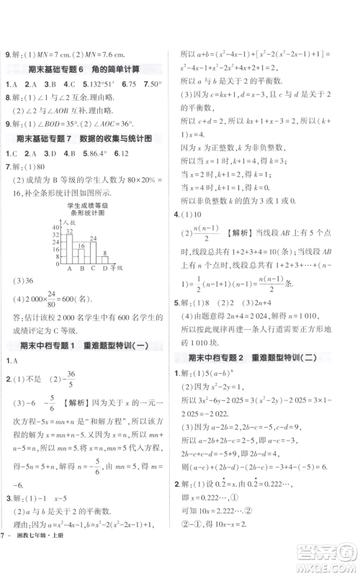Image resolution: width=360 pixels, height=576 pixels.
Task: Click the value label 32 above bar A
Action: (x=69, y=232)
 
